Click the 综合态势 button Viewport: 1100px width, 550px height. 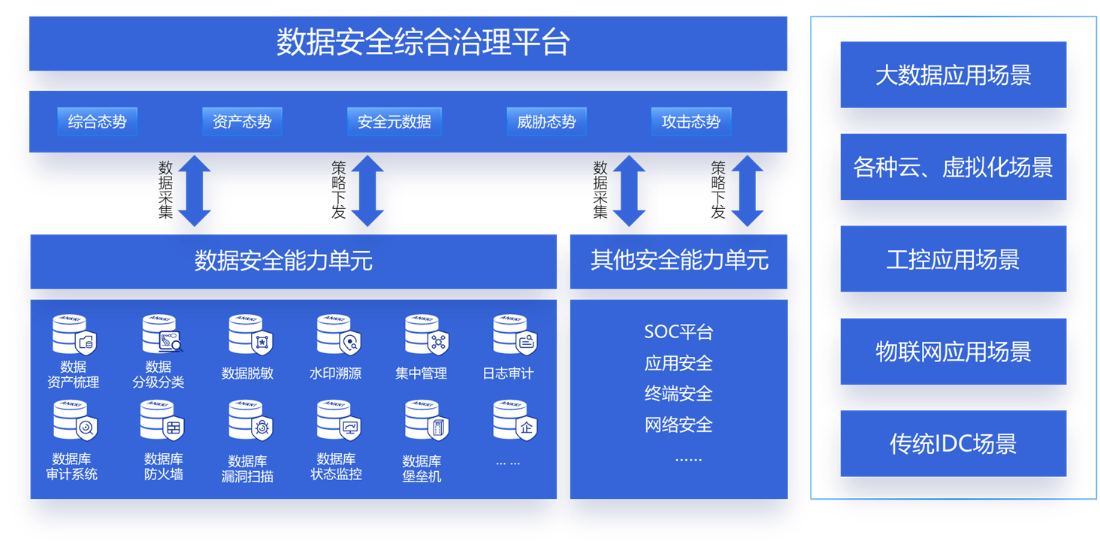click(97, 122)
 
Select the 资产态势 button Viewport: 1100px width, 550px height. click(242, 122)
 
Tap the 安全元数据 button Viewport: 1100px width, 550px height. click(394, 122)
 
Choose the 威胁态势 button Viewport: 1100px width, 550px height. click(546, 122)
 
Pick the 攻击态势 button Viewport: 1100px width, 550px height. click(691, 122)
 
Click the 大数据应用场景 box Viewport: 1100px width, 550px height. click(953, 75)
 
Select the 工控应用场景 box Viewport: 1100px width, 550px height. click(953, 259)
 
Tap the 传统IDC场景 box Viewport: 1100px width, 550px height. click(953, 443)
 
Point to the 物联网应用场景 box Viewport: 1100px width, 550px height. click(953, 352)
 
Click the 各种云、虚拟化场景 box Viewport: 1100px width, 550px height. click(953, 167)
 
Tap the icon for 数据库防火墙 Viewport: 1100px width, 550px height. click(162, 421)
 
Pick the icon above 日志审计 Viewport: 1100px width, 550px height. click(514, 335)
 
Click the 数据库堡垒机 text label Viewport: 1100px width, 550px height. click(422, 468)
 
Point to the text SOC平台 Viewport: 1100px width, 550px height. click(678, 331)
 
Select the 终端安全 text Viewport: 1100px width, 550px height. click(678, 393)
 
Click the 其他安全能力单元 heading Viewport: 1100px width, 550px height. click(678, 261)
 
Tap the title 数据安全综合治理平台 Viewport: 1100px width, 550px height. click(422, 42)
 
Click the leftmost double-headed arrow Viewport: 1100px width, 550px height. click(194, 191)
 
